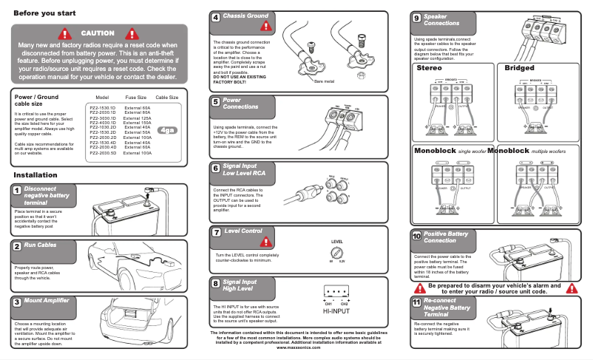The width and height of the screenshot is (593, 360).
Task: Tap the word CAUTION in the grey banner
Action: [x=98, y=33]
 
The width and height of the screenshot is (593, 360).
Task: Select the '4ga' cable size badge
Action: [x=168, y=130]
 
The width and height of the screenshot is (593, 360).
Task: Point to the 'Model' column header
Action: [x=103, y=97]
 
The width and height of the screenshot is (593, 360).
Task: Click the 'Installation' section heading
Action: [x=35, y=175]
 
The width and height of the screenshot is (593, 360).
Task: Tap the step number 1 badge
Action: [x=16, y=191]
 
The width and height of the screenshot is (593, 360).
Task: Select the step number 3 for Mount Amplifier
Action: [x=16, y=302]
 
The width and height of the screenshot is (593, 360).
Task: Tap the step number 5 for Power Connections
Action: [x=215, y=102]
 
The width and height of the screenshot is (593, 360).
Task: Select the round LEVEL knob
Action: [x=336, y=252]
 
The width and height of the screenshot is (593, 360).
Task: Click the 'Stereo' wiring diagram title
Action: [x=430, y=68]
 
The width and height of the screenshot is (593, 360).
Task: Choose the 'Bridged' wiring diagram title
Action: [x=519, y=68]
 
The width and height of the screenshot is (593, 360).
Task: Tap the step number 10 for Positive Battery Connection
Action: [x=416, y=237]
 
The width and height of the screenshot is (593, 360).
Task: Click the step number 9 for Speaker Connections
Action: [x=417, y=18]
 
